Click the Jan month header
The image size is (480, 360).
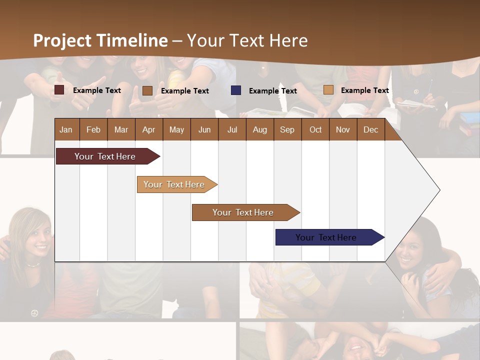(x=66, y=129)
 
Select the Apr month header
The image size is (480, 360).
(x=148, y=129)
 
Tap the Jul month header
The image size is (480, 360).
(x=232, y=129)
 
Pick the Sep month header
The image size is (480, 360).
(x=287, y=129)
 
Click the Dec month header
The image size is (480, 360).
(x=370, y=129)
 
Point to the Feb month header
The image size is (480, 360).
(x=93, y=129)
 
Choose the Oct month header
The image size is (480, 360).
(x=315, y=129)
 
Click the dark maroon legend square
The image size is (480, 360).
(x=59, y=90)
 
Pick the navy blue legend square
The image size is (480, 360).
(x=235, y=90)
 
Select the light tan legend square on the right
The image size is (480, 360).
(x=328, y=90)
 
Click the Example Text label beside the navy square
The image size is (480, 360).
(x=272, y=90)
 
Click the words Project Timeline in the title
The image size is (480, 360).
(x=100, y=40)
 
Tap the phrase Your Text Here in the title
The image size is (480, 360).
(x=247, y=40)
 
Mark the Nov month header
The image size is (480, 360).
(x=343, y=129)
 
